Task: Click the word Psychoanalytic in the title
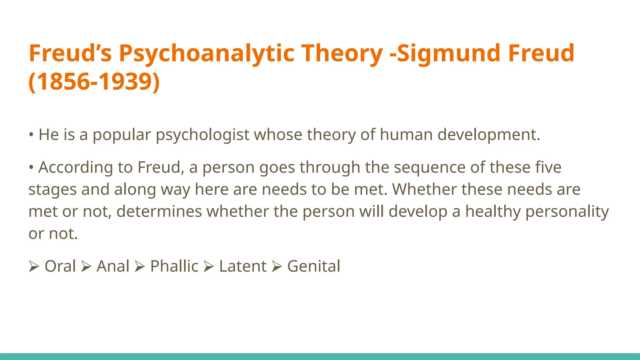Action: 207,54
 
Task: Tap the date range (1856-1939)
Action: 94,82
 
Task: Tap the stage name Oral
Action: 60,266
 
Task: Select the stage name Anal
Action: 113,266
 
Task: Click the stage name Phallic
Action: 174,266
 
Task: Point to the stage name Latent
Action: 243,266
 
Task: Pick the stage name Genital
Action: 313,266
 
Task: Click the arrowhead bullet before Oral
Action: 34,267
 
